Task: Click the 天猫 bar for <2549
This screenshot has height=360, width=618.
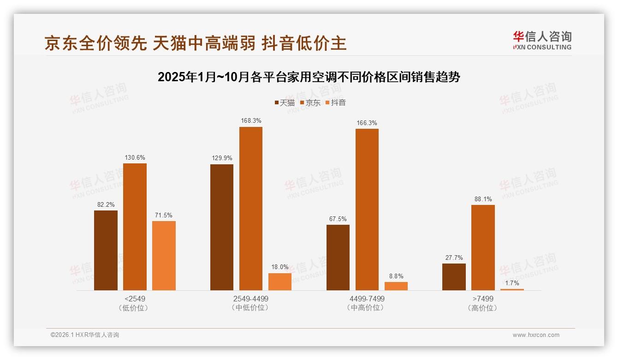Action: click(106, 250)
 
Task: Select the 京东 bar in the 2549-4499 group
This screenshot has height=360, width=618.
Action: click(250, 208)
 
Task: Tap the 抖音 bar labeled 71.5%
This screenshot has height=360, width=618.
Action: click(164, 255)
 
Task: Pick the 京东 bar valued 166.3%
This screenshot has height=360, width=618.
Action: click(367, 209)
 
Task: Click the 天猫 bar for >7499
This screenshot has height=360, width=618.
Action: click(454, 276)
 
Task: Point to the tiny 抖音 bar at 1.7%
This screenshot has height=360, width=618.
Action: click(512, 289)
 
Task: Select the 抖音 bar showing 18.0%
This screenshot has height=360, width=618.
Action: click(280, 282)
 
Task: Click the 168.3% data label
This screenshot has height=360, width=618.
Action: click(251, 121)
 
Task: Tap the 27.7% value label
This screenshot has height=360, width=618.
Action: click(454, 258)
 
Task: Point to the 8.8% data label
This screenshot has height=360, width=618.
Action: click(396, 276)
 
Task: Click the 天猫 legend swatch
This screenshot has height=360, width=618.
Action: click(277, 103)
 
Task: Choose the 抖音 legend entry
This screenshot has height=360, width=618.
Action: click(335, 103)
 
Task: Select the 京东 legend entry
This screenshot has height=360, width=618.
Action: click(310, 103)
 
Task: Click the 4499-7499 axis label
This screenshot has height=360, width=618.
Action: click(367, 299)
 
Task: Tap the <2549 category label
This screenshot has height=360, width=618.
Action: click(135, 299)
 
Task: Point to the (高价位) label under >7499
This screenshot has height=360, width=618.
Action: click(482, 308)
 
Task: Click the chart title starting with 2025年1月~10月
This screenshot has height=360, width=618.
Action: click(309, 77)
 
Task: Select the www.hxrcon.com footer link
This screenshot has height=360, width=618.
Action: click(536, 335)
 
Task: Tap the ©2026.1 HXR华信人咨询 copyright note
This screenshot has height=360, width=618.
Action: click(85, 335)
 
